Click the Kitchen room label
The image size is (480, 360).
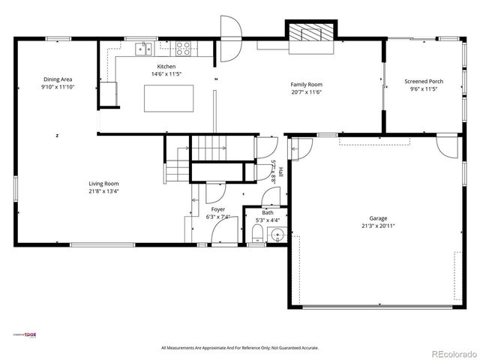(166, 67)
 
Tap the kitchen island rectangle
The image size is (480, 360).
(169, 97)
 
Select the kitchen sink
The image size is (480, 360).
(142, 49)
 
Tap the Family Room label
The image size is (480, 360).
(306, 85)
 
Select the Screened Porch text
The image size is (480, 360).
(424, 81)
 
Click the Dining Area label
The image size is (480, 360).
(58, 79)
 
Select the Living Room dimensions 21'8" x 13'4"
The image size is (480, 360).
(104, 191)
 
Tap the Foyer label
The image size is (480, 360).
(217, 210)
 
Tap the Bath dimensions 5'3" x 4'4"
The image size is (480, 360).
(268, 220)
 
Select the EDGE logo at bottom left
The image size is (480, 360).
(26, 335)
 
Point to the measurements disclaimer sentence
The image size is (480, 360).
(240, 348)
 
